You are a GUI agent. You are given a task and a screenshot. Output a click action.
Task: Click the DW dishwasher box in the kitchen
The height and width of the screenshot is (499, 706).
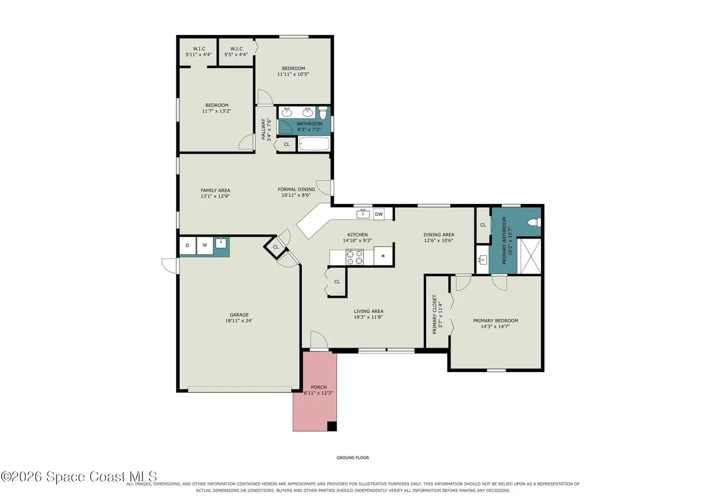[379, 214]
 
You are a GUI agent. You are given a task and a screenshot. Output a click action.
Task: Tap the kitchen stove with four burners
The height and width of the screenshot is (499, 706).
[355, 257]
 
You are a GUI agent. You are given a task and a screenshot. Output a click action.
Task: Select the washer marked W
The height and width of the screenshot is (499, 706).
[205, 246]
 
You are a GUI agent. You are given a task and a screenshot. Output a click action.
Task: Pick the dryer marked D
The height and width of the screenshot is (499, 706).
[188, 246]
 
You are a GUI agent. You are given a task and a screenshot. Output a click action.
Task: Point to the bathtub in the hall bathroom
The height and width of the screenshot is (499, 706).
[314, 144]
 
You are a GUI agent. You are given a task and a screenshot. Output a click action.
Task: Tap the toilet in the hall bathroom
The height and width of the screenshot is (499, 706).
[323, 112]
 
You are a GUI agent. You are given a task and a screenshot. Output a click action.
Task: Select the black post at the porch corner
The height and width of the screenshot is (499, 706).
[332, 426]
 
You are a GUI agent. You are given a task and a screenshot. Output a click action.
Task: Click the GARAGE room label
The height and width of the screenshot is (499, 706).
[239, 315]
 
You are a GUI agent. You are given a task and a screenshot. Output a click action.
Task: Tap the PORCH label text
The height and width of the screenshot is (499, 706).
[319, 387]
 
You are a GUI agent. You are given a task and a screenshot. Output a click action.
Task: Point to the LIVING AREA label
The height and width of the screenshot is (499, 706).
[368, 311]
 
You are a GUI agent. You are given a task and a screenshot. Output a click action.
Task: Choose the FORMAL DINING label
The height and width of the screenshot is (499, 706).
[296, 189]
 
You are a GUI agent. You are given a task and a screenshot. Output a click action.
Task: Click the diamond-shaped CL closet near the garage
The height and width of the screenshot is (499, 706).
[276, 247]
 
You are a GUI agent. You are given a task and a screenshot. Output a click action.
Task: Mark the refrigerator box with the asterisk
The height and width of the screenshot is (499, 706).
[383, 256]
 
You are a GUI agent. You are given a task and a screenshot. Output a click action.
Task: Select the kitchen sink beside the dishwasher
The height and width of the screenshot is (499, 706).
[363, 214]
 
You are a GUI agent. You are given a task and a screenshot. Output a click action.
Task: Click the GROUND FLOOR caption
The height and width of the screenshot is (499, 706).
[353, 458]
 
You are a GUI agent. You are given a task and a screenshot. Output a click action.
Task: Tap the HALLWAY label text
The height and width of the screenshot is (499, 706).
[263, 129]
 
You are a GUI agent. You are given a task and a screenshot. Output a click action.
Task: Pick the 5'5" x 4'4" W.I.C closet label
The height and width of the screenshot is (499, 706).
[236, 52]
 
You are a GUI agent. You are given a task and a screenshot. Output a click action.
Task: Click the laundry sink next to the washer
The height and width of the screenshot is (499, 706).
[221, 243]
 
